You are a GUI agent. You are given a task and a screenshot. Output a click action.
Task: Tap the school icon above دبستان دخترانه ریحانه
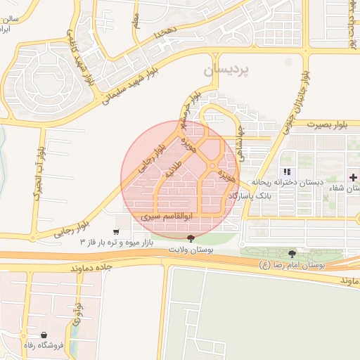(x=286, y=172)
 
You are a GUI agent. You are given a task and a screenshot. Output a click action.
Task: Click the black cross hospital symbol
(x=354, y=177)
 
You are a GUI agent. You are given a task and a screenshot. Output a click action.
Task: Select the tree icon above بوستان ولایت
(x=193, y=239)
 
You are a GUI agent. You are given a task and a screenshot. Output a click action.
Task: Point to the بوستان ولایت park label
(x=192, y=250)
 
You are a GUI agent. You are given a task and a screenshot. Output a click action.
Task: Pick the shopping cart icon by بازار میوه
(x=116, y=231)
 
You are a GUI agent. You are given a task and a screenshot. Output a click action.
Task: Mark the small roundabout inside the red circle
(x=212, y=166)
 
